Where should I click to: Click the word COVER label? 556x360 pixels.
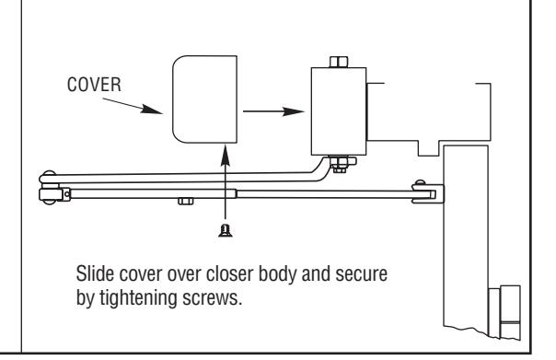point(94,85)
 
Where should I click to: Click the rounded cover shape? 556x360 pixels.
point(204,99)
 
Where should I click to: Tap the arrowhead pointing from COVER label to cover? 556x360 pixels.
point(151,110)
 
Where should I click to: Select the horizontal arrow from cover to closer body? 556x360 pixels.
point(273,111)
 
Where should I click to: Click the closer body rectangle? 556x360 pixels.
point(339,111)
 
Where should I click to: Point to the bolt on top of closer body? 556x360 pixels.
point(339,62)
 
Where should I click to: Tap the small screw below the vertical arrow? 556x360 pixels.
point(226,230)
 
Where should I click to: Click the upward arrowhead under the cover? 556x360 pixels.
point(226,155)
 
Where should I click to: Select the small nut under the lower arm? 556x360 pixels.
point(186,202)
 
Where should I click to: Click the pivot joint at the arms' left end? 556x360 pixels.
point(52,187)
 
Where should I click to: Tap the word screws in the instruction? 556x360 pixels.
point(213,298)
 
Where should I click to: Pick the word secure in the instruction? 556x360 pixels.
point(362,274)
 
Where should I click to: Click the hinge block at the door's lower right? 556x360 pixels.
point(505,312)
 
